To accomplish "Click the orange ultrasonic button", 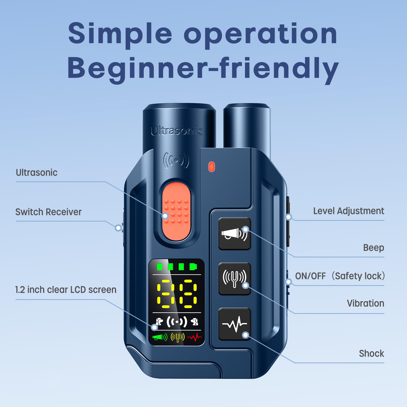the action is pyautogui.click(x=176, y=212).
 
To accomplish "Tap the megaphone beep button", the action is pyautogui.click(x=235, y=234).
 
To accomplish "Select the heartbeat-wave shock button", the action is pyautogui.click(x=235, y=324).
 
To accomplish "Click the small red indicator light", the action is pyautogui.click(x=212, y=167).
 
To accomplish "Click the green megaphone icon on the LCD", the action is pyautogui.click(x=160, y=337).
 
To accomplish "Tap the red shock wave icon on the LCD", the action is pyautogui.click(x=194, y=338).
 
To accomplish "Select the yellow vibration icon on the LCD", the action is pyautogui.click(x=178, y=338).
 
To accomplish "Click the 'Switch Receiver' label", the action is pyautogui.click(x=48, y=212).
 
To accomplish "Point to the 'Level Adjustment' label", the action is pyautogui.click(x=348, y=211).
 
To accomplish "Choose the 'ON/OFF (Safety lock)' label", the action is pyautogui.click(x=340, y=276).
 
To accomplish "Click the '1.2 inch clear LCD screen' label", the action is pyautogui.click(x=66, y=290).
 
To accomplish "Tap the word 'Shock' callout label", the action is pyautogui.click(x=371, y=353).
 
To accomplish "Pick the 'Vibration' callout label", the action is pyautogui.click(x=366, y=303).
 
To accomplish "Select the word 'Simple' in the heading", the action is pyautogui.click(x=120, y=34).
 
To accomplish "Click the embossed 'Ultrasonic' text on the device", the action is pyautogui.click(x=177, y=131).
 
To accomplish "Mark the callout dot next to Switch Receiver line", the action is pyautogui.click(x=118, y=228).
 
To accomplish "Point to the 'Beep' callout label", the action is pyautogui.click(x=373, y=248).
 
